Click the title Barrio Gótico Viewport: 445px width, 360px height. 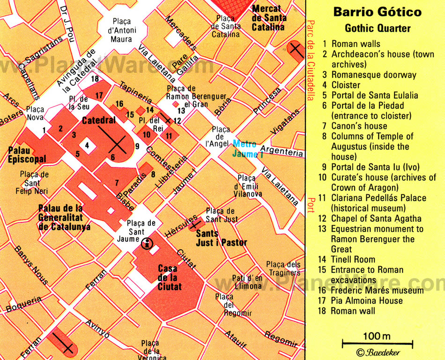pos(377,12)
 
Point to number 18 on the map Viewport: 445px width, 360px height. pos(96,79)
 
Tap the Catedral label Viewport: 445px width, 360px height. pos(98,120)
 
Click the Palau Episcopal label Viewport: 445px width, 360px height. pos(27,155)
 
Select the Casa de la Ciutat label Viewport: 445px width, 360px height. pos(170,277)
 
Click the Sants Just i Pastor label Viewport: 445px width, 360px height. pos(221,238)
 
